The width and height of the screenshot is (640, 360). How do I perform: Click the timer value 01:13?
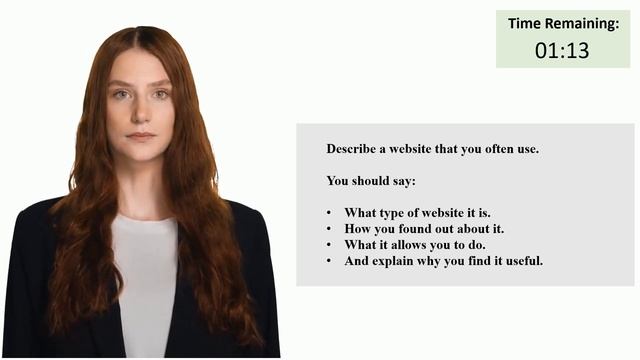[x=562, y=50]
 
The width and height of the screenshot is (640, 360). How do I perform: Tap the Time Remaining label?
[x=563, y=22]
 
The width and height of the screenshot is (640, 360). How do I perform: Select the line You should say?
[x=370, y=181]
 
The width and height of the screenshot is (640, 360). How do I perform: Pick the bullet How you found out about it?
[x=424, y=229]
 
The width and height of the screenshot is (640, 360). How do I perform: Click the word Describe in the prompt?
[x=351, y=149]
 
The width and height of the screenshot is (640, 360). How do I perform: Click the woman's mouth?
[x=141, y=135]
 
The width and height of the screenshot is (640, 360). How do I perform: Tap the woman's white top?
[x=145, y=280]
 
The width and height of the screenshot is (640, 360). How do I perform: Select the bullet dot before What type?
[x=329, y=213]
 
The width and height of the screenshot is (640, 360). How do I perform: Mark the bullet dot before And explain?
[x=329, y=261]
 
